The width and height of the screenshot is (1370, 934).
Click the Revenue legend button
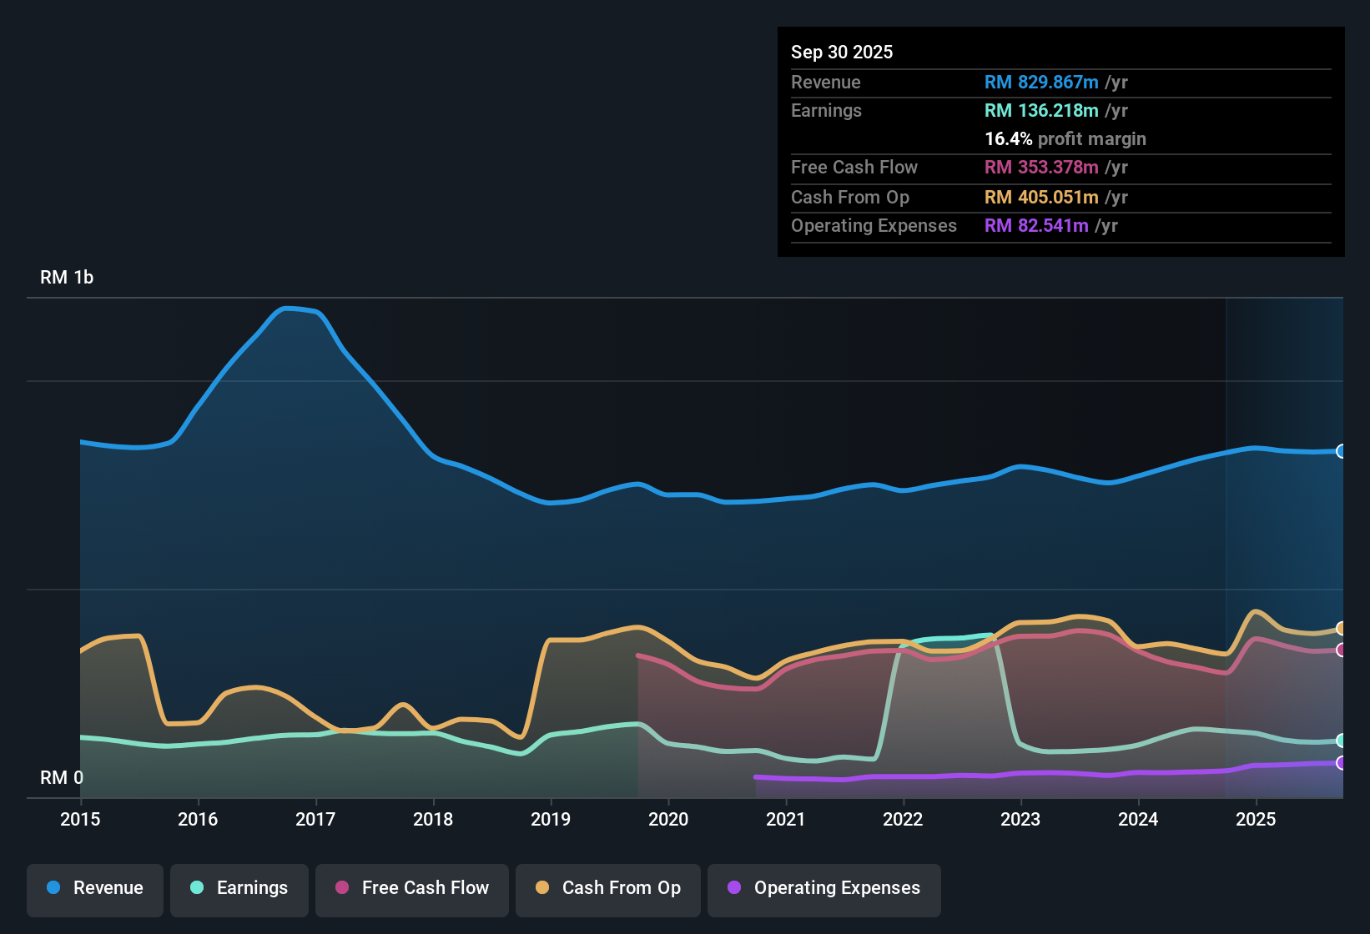pos(95,888)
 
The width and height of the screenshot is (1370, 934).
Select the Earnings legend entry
pos(239,888)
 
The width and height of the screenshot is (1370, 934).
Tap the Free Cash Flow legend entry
pos(412,888)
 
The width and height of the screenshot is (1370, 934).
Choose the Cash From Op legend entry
pos(608,888)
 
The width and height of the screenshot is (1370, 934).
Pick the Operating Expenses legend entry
pos(824,888)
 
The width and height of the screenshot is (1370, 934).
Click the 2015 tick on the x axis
pos(80,819)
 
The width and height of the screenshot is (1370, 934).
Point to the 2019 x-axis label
pos(551,819)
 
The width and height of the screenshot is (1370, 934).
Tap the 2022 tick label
pos(903,819)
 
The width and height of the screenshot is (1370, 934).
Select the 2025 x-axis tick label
pos(1256,819)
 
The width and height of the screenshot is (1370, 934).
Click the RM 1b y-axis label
pos(67,278)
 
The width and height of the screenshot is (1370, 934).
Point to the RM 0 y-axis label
pos(62,777)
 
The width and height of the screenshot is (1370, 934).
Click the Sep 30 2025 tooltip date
pos(842,52)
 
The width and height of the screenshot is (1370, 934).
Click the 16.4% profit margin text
pos(1065,138)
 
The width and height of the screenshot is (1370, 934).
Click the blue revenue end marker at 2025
pos(1341,451)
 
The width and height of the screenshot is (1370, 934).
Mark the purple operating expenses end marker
pos(1341,762)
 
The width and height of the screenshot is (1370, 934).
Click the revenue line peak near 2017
pos(286,309)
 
